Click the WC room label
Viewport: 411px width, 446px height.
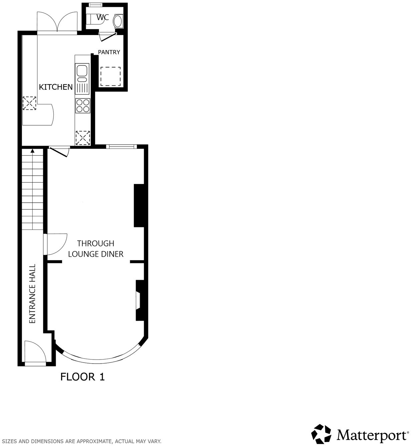(x=103, y=17)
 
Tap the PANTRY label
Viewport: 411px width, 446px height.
(x=109, y=52)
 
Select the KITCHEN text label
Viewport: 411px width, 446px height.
(x=56, y=87)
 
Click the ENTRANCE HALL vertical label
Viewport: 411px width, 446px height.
(x=32, y=294)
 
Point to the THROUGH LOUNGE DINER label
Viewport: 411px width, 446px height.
(x=96, y=249)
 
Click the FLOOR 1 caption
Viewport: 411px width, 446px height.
(x=82, y=377)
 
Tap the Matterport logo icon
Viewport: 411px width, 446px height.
(x=322, y=434)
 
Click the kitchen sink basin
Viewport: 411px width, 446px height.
(x=82, y=71)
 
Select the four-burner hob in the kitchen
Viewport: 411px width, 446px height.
(x=83, y=105)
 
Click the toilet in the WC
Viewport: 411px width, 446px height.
(x=118, y=21)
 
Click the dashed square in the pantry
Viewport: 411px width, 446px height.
(x=110, y=76)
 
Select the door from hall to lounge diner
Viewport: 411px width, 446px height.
(x=56, y=245)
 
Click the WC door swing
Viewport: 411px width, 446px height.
(x=108, y=36)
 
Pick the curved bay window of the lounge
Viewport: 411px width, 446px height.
(x=100, y=359)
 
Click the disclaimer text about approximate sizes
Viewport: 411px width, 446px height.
(x=82, y=441)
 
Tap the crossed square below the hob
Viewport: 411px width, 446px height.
(x=83, y=138)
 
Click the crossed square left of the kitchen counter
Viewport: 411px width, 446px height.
(x=29, y=103)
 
